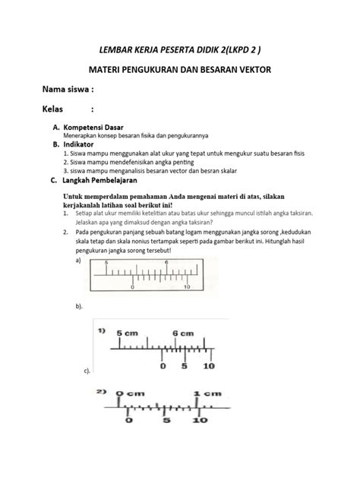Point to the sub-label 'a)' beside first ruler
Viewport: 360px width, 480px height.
tap(78, 258)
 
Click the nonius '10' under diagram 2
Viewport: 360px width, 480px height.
tap(200, 419)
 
